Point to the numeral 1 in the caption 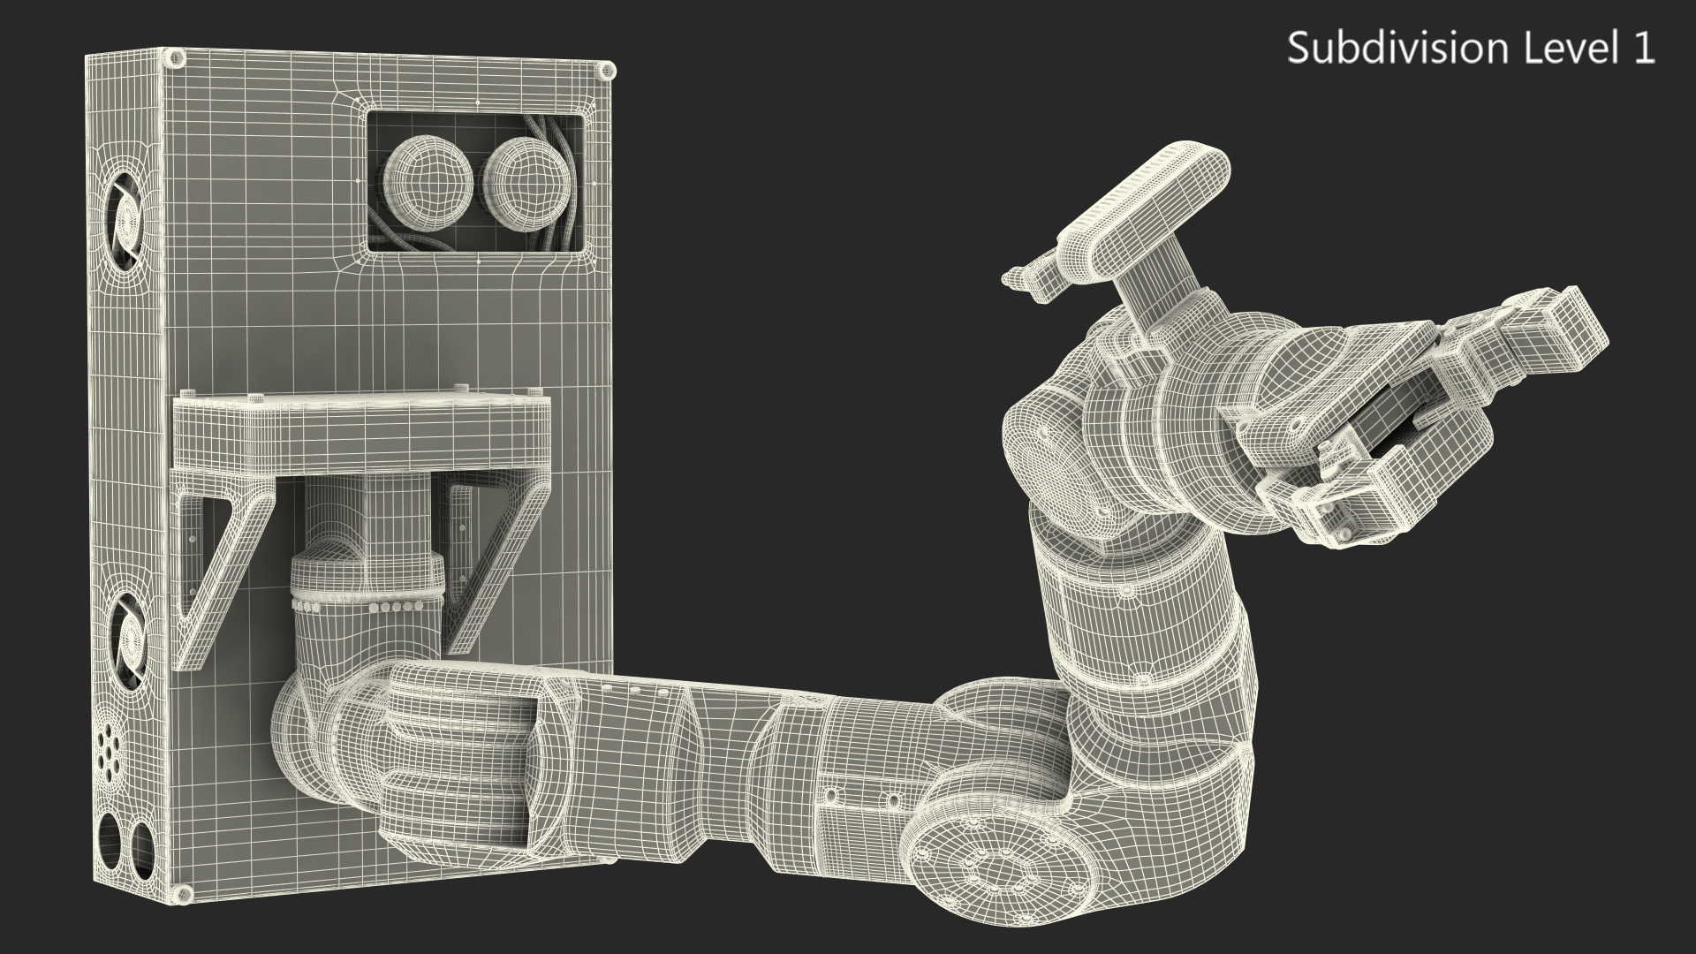[1644, 48]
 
